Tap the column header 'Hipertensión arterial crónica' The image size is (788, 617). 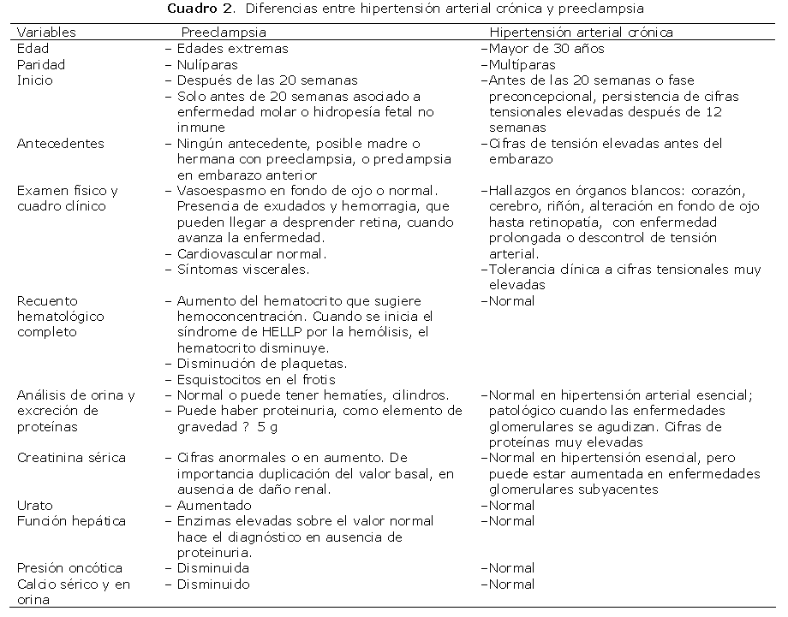(581, 33)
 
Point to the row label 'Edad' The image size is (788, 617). (33, 49)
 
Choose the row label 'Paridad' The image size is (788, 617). (41, 64)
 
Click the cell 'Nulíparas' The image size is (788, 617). (207, 64)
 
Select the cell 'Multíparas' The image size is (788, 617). (522, 64)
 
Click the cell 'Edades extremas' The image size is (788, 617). (232, 49)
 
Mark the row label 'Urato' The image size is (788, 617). (34, 505)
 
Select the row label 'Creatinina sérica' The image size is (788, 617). (71, 458)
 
